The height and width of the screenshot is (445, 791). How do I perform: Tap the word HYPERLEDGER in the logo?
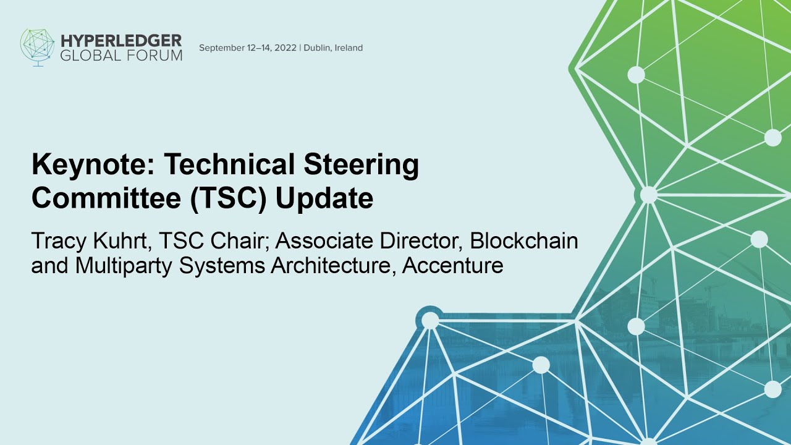pyautogui.click(x=122, y=41)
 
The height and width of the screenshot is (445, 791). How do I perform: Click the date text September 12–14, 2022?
pyautogui.click(x=248, y=48)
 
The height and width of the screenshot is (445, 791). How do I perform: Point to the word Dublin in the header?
pyautogui.click(x=316, y=48)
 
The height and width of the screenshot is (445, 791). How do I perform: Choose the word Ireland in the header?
pyautogui.click(x=349, y=48)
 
